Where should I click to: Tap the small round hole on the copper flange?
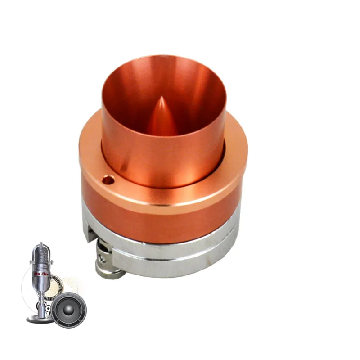click(x=108, y=180)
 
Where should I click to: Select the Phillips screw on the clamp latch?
click(x=103, y=258)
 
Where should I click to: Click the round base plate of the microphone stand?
click(x=39, y=319)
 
